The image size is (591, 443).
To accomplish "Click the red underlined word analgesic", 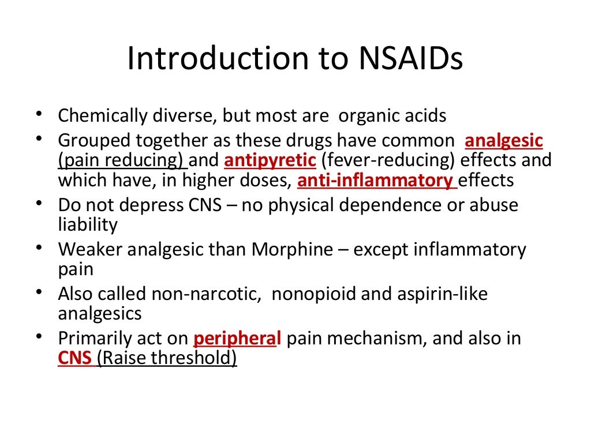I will coord(504,141).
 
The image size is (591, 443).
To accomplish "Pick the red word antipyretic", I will coord(270,160).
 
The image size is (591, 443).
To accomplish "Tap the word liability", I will coord(88,224).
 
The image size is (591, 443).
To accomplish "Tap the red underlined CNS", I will coord(74,358).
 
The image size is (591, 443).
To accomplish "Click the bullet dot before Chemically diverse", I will coord(39,114).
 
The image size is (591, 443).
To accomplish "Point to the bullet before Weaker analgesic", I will coord(39,249).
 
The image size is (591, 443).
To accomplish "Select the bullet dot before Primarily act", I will coord(39,337).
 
